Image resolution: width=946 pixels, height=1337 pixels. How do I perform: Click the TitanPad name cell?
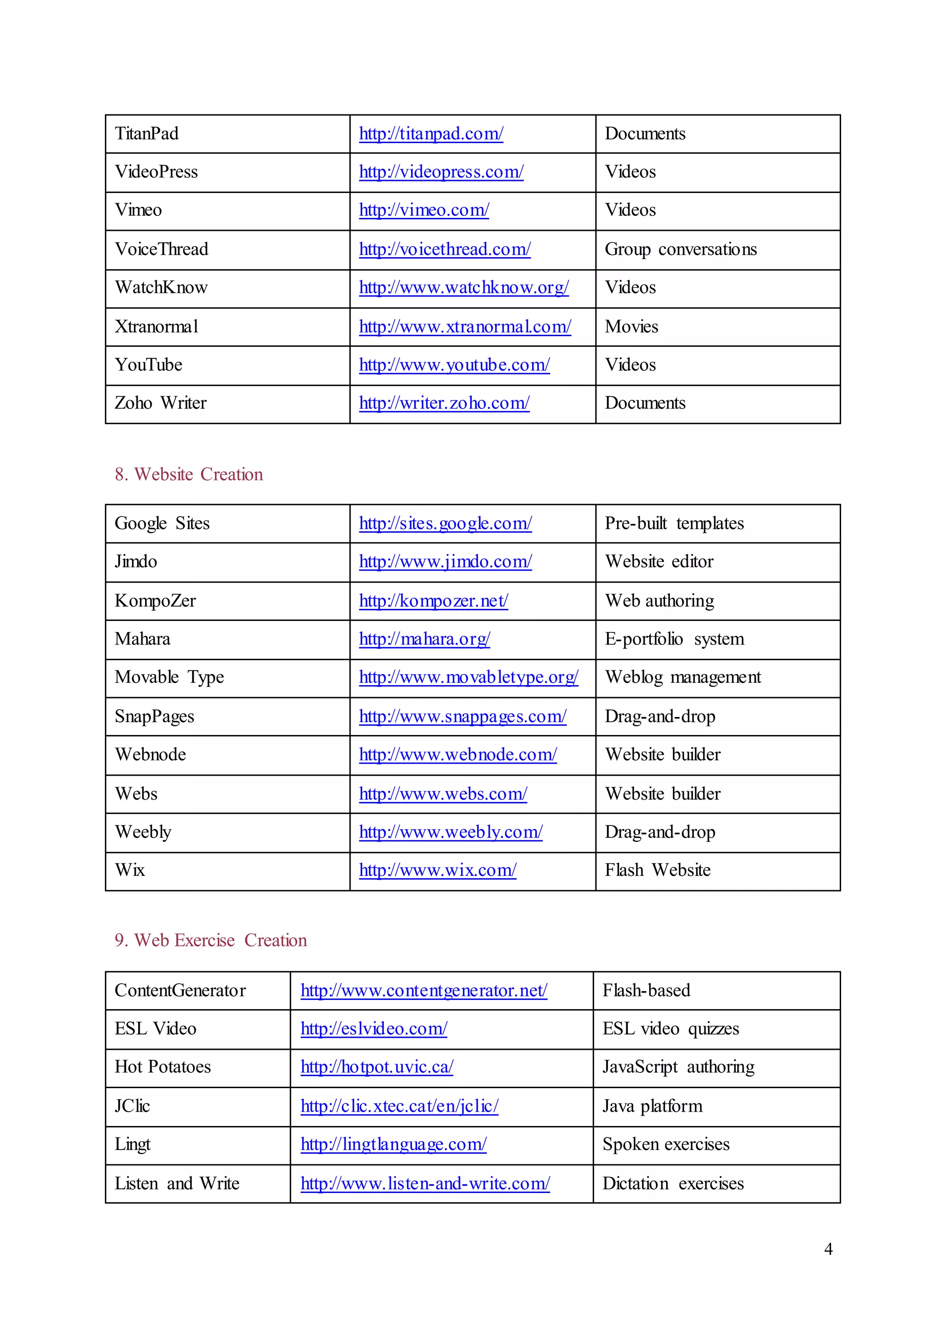pyautogui.click(x=147, y=134)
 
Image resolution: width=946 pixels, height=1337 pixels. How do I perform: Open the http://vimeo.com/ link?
pyautogui.click(x=424, y=210)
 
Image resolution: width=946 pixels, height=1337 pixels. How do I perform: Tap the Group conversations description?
pyautogui.click(x=680, y=249)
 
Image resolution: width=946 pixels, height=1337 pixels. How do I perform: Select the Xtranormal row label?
pyautogui.click(x=156, y=327)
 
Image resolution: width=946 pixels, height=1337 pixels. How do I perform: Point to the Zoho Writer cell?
pyautogui.click(x=160, y=403)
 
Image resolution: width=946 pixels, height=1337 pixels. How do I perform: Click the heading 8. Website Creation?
pyautogui.click(x=189, y=475)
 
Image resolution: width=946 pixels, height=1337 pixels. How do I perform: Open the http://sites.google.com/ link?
pyautogui.click(x=445, y=524)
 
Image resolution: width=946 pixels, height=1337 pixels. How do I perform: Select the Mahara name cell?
pyautogui.click(x=142, y=639)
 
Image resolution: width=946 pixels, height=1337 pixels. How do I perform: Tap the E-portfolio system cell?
pyautogui.click(x=674, y=639)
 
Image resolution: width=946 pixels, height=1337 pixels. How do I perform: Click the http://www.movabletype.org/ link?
pyautogui.click(x=468, y=677)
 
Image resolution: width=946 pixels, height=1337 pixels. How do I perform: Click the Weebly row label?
pyautogui.click(x=143, y=832)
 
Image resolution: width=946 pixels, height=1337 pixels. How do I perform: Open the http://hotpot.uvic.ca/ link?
pyautogui.click(x=376, y=1067)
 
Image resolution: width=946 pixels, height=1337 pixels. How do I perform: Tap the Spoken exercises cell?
pyautogui.click(x=665, y=1144)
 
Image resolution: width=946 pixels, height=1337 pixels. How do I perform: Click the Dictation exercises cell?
pyautogui.click(x=673, y=1184)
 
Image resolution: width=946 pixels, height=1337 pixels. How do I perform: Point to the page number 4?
pyautogui.click(x=828, y=1249)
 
